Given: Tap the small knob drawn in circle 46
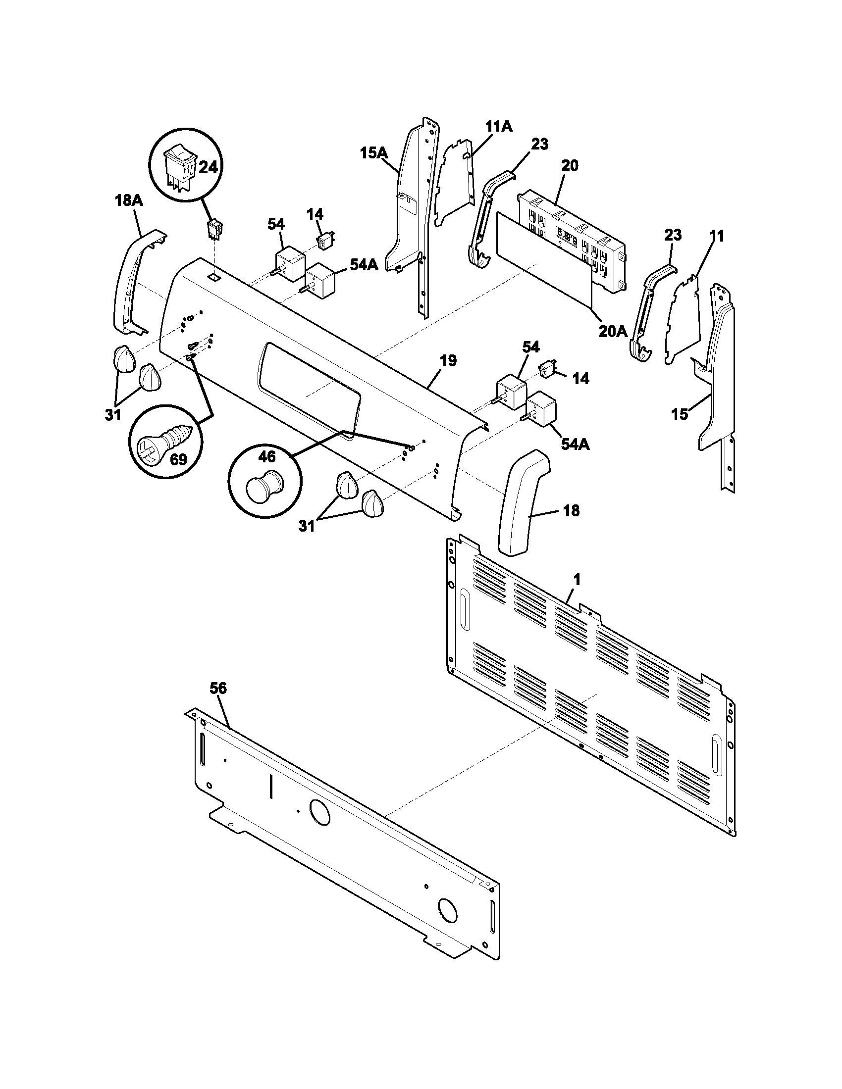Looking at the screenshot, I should click(264, 486).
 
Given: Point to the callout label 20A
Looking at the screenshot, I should click(613, 331).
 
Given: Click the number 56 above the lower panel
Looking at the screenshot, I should click(218, 688).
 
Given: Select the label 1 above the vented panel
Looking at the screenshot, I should click(577, 580).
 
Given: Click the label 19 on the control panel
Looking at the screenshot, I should click(448, 360).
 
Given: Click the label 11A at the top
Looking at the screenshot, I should click(499, 127).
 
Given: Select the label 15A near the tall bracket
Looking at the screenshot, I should click(374, 153).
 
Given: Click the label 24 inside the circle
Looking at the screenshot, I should click(208, 167).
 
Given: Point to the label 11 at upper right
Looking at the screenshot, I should click(716, 236).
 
